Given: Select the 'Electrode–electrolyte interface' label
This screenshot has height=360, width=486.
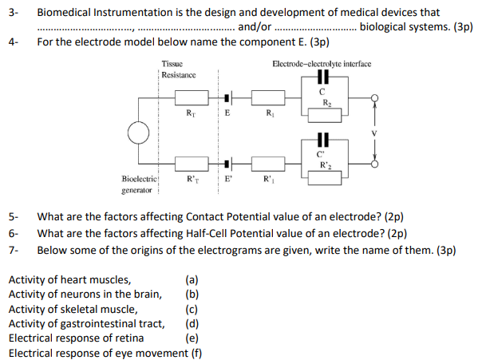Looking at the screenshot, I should tap(321, 64).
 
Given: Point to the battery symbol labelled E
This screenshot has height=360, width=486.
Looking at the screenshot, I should tap(228, 99).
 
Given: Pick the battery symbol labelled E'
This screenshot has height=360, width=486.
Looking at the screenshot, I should tap(228, 164).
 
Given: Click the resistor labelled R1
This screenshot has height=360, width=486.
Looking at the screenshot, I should tap(269, 100).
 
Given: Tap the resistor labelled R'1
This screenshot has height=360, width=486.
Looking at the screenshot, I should tap(269, 164).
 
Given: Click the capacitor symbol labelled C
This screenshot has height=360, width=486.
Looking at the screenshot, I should tap(322, 78).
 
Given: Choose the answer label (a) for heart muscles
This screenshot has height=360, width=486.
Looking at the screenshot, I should tap(192, 279).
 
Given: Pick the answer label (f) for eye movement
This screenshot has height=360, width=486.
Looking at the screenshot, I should tap(195, 351).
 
